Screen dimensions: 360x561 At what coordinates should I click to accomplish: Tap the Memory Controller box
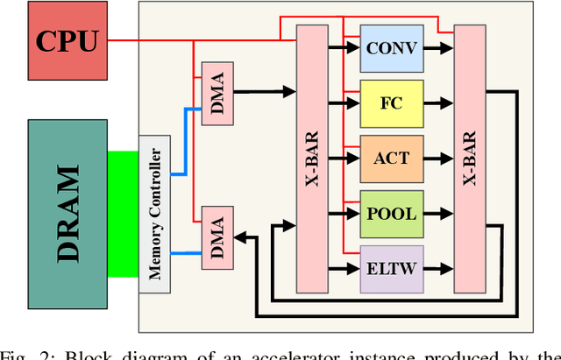coord(155,214)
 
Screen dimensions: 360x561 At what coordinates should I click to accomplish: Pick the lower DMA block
coord(217,236)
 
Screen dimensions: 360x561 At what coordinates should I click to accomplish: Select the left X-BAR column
coord(312,158)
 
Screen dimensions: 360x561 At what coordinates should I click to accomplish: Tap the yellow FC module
coord(391,103)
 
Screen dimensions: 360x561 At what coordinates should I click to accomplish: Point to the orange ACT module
coord(391,159)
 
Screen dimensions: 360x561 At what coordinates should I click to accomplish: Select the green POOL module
coord(391,214)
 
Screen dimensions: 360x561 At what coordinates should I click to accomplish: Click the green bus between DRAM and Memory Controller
coord(123,214)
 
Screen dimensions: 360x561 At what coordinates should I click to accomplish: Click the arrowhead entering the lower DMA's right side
coord(240,236)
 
